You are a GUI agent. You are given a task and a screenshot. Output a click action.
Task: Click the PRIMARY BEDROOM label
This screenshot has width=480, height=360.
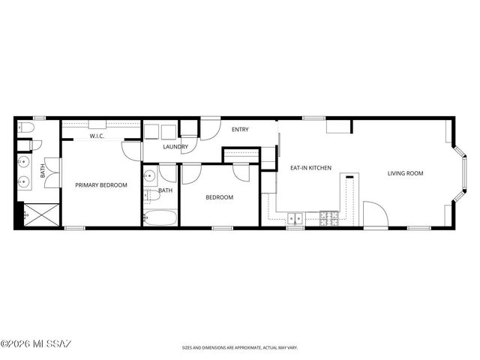[x=100, y=184]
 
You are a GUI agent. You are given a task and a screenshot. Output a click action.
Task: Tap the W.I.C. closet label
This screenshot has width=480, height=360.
[x=97, y=136]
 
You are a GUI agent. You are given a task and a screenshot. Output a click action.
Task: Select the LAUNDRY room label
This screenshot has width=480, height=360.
[x=175, y=147]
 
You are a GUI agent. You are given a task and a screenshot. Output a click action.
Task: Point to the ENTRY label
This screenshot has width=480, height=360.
[x=240, y=130]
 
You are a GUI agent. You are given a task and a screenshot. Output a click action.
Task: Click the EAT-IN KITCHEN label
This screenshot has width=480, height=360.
[x=310, y=168]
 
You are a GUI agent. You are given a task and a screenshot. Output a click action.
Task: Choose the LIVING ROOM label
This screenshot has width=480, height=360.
[x=405, y=173]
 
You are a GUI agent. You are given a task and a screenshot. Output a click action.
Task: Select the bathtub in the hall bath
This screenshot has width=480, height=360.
[x=160, y=218]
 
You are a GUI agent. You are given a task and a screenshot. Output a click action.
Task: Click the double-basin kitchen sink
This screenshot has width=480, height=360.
[x=295, y=219]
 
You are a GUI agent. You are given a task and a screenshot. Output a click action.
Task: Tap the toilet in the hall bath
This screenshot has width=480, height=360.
[x=151, y=196]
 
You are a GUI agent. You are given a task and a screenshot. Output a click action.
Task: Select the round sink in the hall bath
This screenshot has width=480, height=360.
[x=148, y=177]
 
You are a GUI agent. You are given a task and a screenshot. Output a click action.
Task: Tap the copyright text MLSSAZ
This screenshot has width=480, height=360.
[x=36, y=344]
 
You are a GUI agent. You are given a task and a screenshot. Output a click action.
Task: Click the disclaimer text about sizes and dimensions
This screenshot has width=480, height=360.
[x=239, y=348]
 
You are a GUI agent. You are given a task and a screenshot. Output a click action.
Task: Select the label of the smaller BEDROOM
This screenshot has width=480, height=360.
[x=220, y=197]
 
